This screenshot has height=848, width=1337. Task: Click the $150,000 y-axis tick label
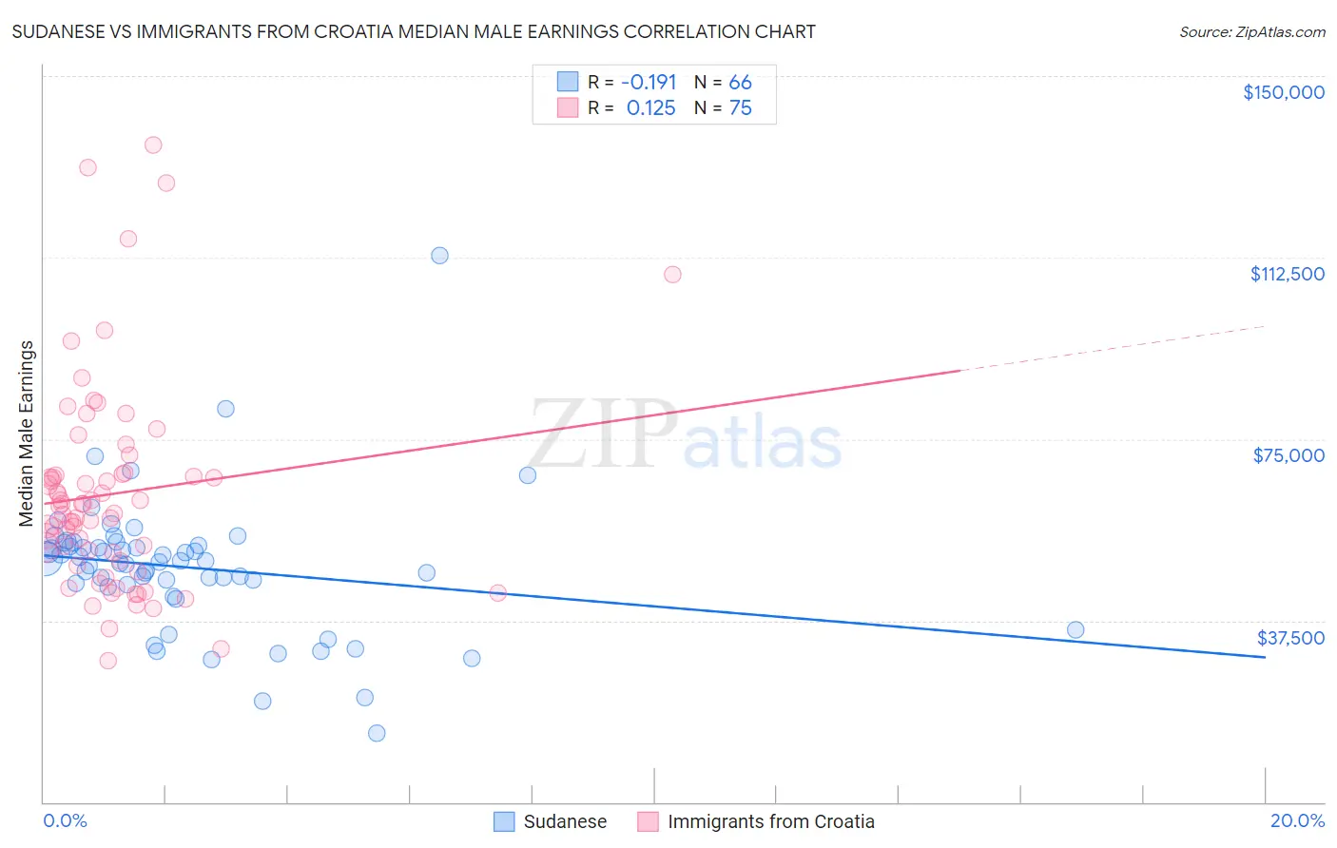tap(1283, 92)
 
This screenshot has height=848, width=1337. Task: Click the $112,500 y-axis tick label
tap(1287, 274)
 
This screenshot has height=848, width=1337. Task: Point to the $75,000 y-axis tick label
tap(1289, 455)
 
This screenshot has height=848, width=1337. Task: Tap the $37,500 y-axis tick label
tap(1290, 638)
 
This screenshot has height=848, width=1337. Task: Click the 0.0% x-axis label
tap(65, 820)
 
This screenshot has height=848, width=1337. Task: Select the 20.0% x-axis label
tap(1297, 820)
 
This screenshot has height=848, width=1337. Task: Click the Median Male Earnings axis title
tap(27, 434)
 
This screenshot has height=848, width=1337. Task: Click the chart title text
tap(414, 31)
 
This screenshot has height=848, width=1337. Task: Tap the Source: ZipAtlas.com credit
tap(1251, 31)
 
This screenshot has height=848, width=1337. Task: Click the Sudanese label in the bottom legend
tap(565, 821)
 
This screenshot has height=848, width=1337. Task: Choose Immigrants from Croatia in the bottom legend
tap(770, 821)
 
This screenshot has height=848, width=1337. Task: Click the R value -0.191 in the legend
tap(649, 83)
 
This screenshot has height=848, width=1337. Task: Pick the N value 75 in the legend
tap(740, 108)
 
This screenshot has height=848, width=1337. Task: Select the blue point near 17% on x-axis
tap(1075, 629)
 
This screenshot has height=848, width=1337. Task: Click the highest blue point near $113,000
tap(439, 255)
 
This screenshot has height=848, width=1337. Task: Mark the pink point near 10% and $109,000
tap(672, 275)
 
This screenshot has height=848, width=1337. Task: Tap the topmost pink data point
tap(153, 145)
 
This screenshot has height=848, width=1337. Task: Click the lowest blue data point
tap(377, 733)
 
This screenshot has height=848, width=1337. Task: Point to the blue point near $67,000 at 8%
tap(528, 475)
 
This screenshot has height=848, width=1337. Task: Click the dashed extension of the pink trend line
tap(1113, 348)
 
